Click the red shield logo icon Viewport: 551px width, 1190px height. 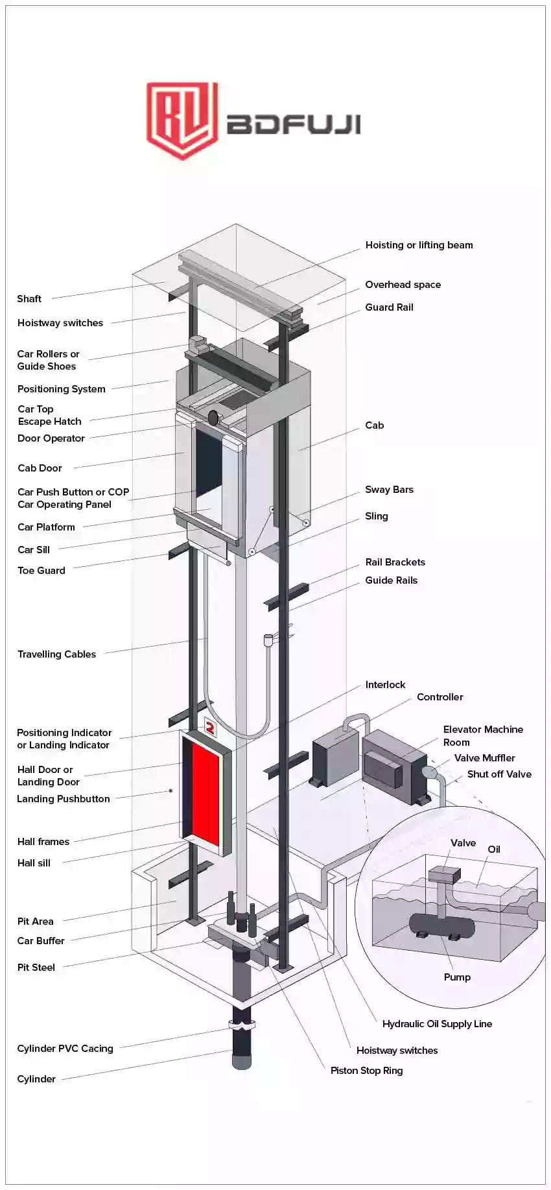pyautogui.click(x=181, y=120)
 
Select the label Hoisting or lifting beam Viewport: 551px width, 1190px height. pyautogui.click(x=419, y=245)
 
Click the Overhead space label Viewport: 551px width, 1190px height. pyautogui.click(x=403, y=285)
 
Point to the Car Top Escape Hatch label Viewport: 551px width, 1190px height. pyautogui.click(x=49, y=415)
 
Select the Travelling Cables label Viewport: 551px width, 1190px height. pyautogui.click(x=56, y=654)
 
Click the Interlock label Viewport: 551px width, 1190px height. pyautogui.click(x=385, y=685)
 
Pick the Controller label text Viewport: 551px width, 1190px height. pyautogui.click(x=440, y=697)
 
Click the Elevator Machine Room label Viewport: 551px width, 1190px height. pyautogui.click(x=482, y=736)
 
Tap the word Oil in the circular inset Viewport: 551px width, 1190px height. pyautogui.click(x=494, y=850)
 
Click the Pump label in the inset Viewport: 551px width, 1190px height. pyautogui.click(x=457, y=977)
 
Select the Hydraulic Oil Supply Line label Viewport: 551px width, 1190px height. pyautogui.click(x=437, y=1024)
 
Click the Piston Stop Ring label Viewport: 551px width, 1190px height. pyautogui.click(x=366, y=1071)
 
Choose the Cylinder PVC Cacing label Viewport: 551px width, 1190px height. pyautogui.click(x=65, y=1049)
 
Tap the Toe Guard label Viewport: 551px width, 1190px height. pyautogui.click(x=41, y=571)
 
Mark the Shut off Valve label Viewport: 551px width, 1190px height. pyautogui.click(x=499, y=774)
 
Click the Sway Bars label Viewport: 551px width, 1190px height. pyautogui.click(x=389, y=490)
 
